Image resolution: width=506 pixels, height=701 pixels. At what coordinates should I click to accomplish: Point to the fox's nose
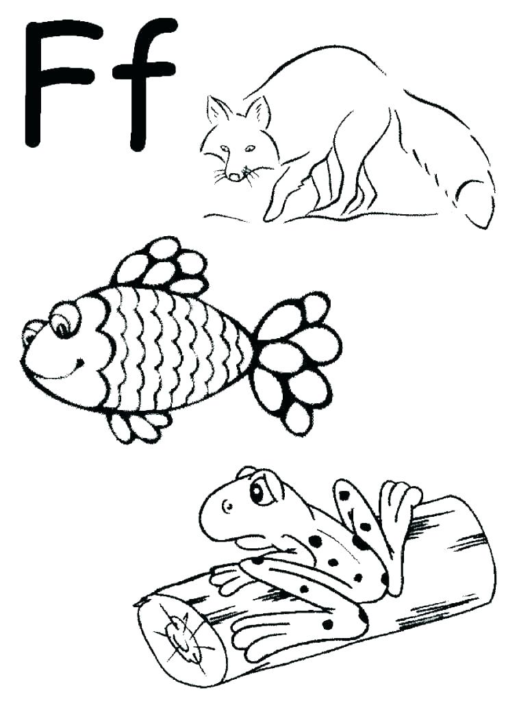[x=234, y=177]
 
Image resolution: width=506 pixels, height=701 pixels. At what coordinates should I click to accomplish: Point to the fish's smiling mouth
[x=65, y=366]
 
